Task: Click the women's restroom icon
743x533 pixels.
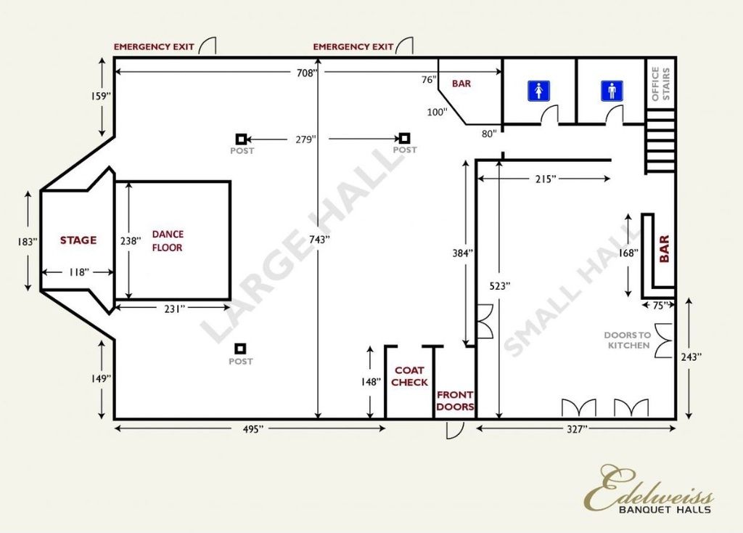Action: click(539, 91)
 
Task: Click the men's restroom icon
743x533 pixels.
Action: click(612, 91)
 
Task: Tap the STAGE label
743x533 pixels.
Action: click(78, 240)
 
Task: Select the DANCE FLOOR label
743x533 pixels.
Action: click(168, 241)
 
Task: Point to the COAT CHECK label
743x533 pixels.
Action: click(409, 376)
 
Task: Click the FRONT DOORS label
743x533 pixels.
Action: click(455, 401)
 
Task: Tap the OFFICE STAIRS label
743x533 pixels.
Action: click(660, 84)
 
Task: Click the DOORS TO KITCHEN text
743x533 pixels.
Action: click(628, 340)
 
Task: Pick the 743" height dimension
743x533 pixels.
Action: click(319, 240)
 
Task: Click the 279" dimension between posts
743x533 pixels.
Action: click(304, 139)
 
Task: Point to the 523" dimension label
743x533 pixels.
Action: click(500, 286)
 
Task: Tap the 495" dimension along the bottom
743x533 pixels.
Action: click(253, 429)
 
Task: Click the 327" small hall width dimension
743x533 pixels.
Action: click(577, 429)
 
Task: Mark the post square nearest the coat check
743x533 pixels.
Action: click(241, 349)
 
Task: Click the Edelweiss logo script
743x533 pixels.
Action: click(649, 488)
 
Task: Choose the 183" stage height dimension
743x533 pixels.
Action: click(27, 242)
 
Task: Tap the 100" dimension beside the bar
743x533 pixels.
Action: click(437, 113)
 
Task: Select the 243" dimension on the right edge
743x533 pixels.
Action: click(691, 357)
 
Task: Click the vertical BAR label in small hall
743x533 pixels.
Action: click(665, 249)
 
